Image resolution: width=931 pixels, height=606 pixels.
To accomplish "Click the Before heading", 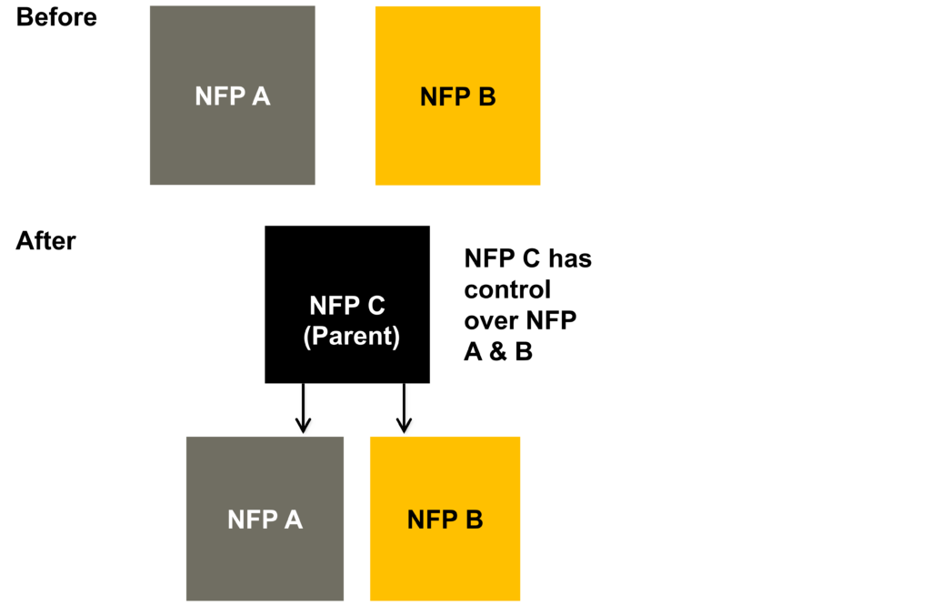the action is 56,17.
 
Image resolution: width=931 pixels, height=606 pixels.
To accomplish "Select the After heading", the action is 45,240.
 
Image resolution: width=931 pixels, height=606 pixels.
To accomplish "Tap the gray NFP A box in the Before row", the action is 232,95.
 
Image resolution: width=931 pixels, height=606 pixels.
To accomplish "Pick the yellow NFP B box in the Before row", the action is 458,95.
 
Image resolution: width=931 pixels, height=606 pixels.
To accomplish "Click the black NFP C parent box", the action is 347,304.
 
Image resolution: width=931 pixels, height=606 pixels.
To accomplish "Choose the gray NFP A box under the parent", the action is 265,519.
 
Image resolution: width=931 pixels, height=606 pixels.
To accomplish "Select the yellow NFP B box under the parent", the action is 445,519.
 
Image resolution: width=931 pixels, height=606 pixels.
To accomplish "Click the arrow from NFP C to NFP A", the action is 304,409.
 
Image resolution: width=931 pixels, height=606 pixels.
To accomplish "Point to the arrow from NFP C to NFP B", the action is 405,409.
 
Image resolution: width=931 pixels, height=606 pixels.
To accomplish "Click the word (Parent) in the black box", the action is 352,337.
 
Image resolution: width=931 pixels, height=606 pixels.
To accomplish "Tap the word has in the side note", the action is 570,258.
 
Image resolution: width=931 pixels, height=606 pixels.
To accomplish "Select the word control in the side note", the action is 507,290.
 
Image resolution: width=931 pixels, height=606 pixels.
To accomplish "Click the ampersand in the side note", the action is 498,352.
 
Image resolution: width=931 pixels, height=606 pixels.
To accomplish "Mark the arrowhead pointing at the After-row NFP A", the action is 304,424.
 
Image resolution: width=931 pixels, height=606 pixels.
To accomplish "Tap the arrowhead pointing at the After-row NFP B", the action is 405,424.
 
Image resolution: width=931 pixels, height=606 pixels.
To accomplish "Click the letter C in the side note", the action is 531,258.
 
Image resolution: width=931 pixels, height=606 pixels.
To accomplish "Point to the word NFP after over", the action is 552,321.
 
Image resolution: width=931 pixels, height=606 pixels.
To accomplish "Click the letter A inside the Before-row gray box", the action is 261,96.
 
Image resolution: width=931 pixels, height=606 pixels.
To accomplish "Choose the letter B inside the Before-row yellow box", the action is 487,96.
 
